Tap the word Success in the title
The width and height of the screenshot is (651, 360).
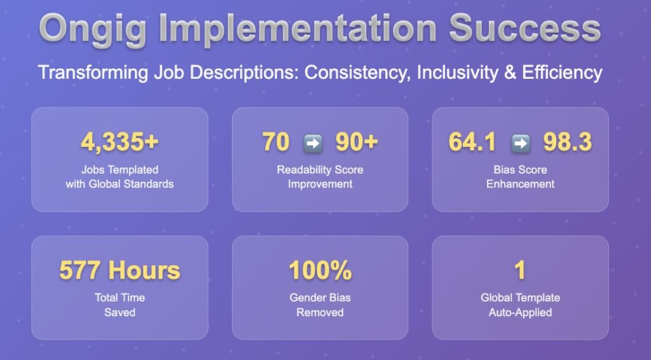tap(524, 28)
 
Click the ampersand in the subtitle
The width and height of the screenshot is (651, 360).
tap(511, 73)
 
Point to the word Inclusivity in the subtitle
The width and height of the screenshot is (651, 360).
tap(457, 73)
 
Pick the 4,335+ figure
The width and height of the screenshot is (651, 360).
tap(120, 142)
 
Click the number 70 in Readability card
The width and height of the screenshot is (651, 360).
tap(276, 142)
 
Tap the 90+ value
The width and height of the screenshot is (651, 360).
tap(357, 142)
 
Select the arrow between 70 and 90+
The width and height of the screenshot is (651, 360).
tap(313, 143)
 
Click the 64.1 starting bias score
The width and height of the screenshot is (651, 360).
tap(472, 142)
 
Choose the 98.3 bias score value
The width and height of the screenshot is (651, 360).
tap(567, 142)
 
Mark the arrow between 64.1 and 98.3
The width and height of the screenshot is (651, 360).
tap(520, 143)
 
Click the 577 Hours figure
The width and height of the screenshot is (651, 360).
tap(120, 270)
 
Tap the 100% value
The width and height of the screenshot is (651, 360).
tap(320, 270)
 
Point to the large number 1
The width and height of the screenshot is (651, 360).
tap(520, 270)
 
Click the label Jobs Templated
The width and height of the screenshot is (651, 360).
tap(120, 170)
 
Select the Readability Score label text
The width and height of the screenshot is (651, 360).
tap(320, 170)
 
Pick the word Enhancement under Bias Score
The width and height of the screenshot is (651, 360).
tap(520, 184)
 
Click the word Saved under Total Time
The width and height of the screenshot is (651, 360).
tap(120, 312)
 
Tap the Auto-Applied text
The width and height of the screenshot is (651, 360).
tap(520, 312)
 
